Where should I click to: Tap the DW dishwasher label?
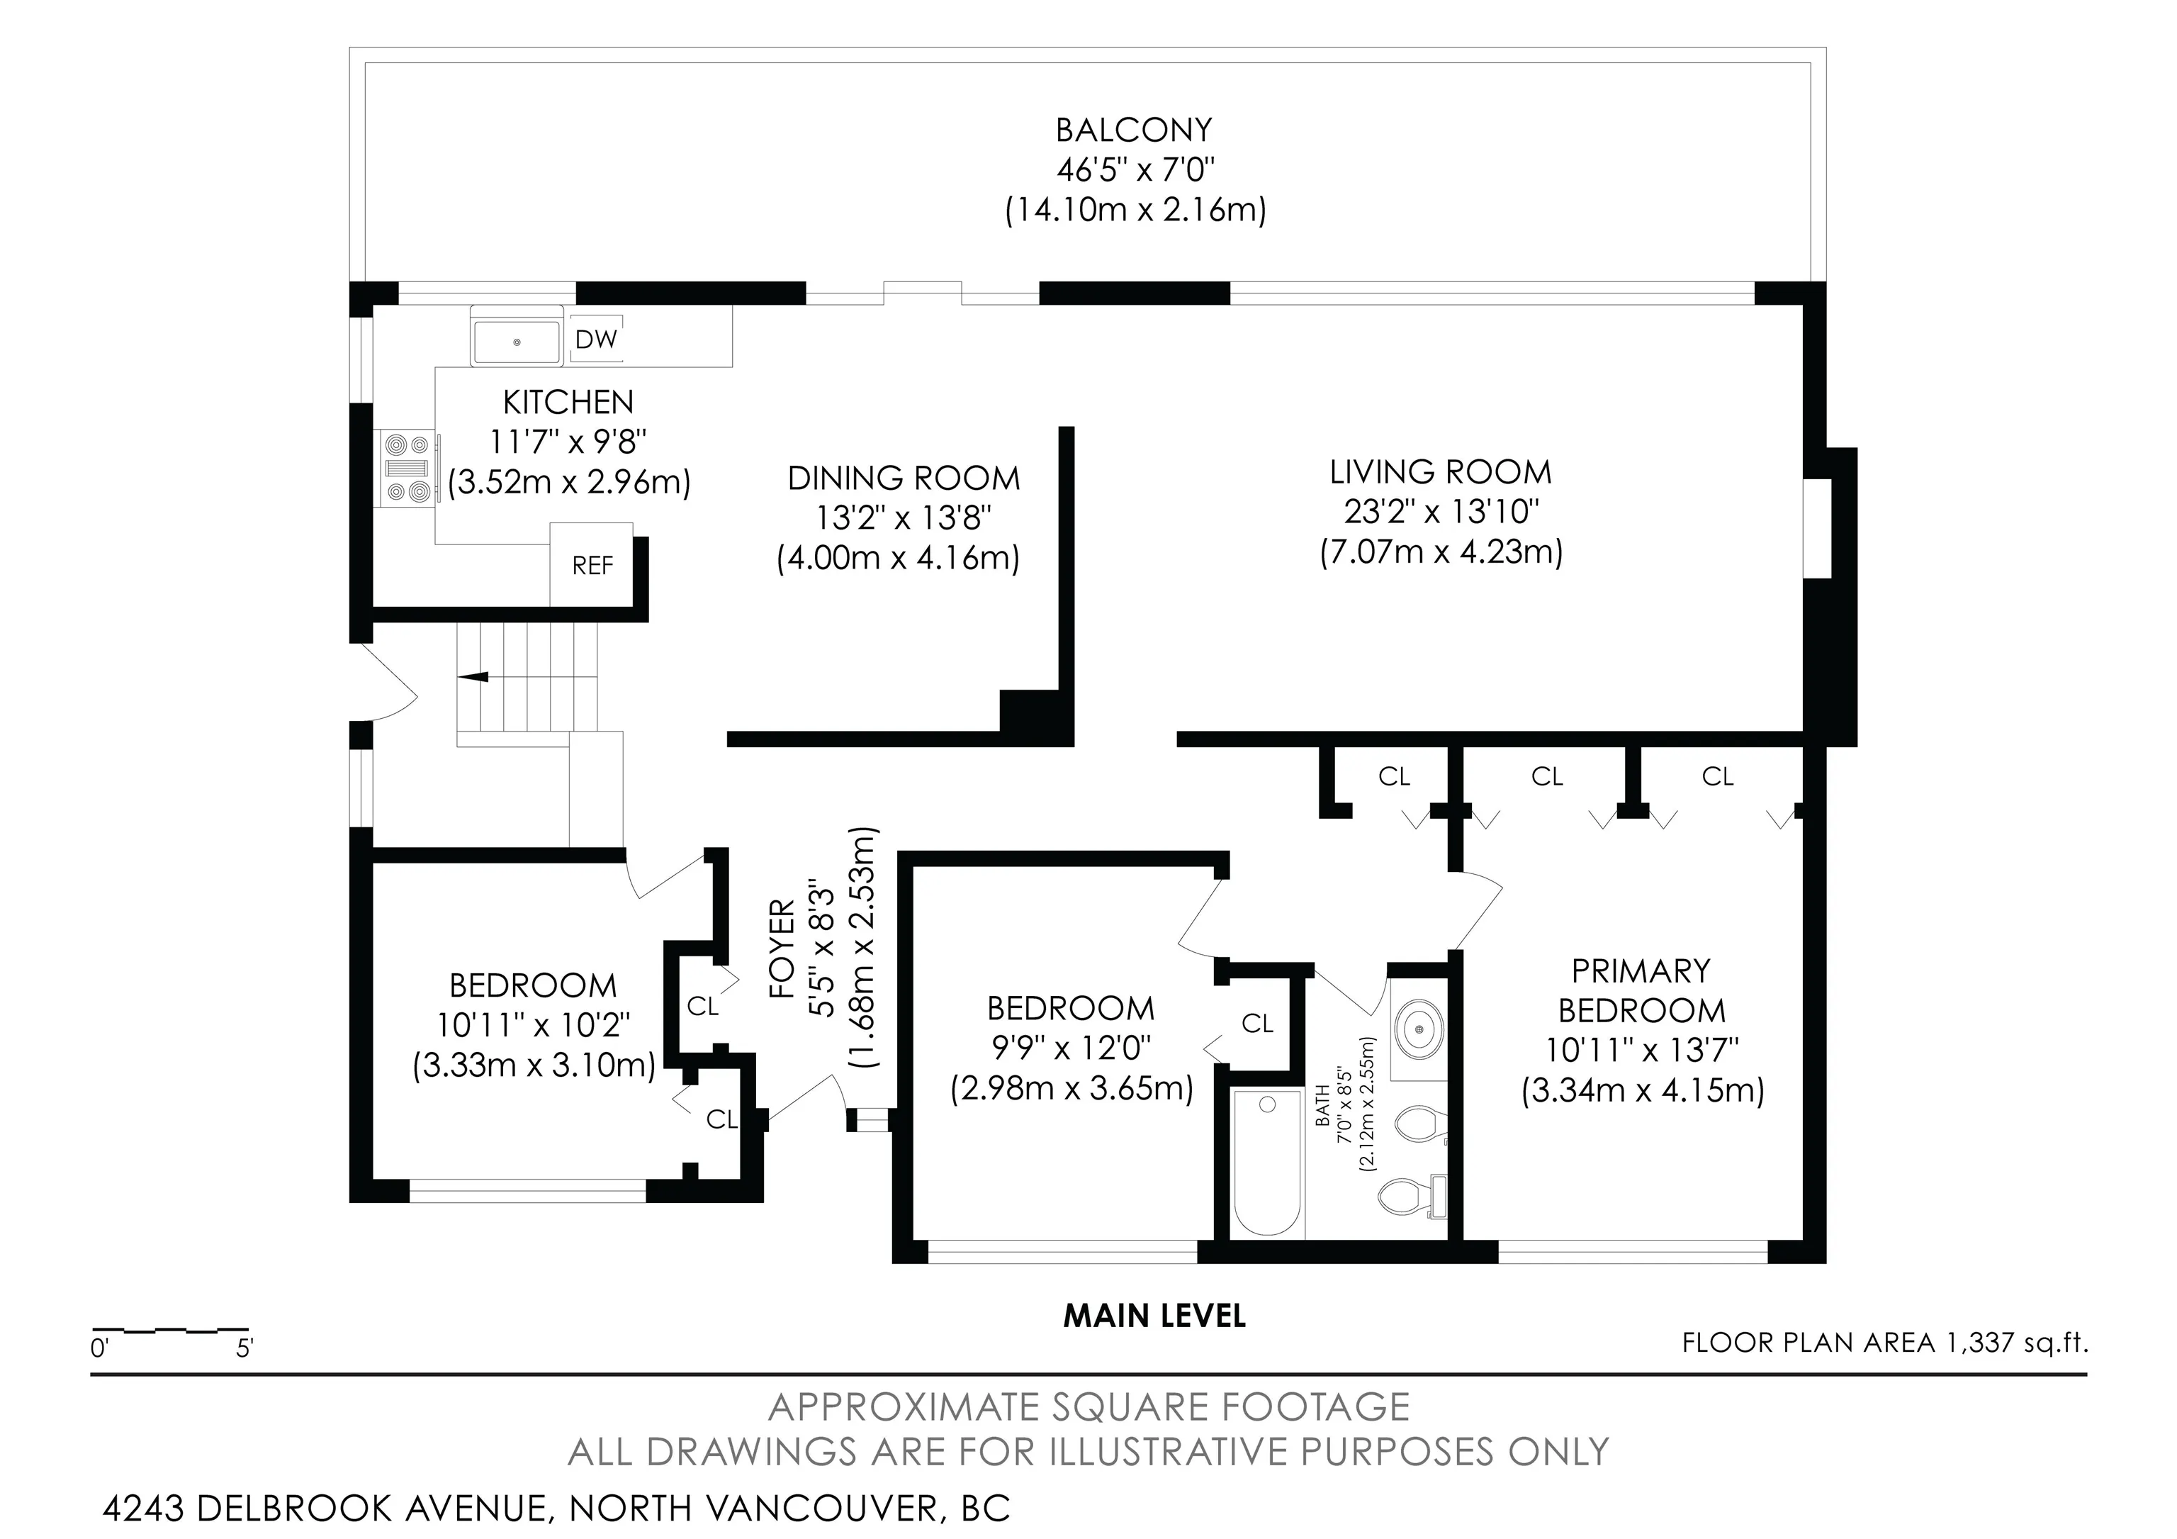[x=595, y=339]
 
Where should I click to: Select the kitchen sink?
[x=517, y=342]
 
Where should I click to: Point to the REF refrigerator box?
[x=592, y=564]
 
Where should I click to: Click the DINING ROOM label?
[x=904, y=478]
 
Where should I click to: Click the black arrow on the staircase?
[x=473, y=676]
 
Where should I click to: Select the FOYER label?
[x=781, y=949]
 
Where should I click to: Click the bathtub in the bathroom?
[x=1267, y=1163]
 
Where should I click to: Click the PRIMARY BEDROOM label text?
[x=1641, y=990]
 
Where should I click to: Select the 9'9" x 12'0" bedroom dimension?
[x=1071, y=1048]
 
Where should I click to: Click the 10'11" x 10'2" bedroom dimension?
[x=534, y=1025]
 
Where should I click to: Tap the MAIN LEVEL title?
[x=1154, y=1315]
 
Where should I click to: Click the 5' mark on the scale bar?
[x=244, y=1348]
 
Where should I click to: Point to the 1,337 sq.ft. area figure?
[x=2017, y=1342]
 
